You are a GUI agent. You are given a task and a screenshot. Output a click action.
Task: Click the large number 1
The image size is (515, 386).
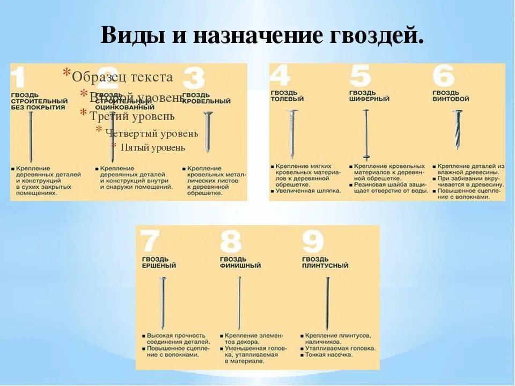click(x=19, y=78)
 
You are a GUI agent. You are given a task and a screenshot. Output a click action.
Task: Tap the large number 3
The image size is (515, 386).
click(x=194, y=78)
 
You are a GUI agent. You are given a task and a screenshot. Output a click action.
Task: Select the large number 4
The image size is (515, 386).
click(x=280, y=76)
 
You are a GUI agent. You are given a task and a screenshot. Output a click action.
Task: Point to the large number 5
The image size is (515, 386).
click(x=361, y=76)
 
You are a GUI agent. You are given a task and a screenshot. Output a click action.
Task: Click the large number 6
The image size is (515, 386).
click(x=444, y=76)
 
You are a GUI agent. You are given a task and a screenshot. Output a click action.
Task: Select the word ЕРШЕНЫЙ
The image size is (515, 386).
click(x=159, y=265)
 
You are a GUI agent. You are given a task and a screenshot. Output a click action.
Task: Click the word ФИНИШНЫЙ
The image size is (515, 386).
click(x=240, y=265)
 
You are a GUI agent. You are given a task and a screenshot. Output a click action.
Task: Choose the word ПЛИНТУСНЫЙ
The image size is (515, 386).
click(x=325, y=265)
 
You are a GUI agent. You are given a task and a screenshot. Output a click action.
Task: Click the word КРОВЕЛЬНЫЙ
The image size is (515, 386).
click(x=207, y=101)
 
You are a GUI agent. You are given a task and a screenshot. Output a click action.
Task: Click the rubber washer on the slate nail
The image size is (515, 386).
click(x=366, y=157)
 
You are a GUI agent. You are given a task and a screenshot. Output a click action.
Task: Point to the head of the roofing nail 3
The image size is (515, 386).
click(x=208, y=113)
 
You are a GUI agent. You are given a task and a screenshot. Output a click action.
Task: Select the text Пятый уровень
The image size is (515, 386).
click(x=153, y=147)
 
